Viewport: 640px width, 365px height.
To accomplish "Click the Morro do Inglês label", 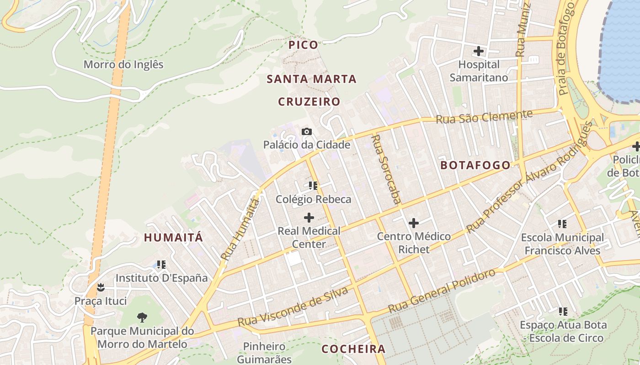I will tap(123, 64).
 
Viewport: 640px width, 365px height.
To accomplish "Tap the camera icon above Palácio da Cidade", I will tap(307, 132).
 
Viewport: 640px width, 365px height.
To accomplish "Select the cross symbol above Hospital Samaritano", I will tap(479, 51).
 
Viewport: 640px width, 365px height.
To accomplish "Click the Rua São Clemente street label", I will tap(484, 117).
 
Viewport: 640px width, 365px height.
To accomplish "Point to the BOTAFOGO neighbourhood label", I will tap(475, 165).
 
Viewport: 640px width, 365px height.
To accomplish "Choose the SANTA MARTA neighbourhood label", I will tap(311, 79).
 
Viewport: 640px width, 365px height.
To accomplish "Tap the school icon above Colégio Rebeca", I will tap(313, 186).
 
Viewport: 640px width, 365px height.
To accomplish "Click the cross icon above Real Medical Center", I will tap(309, 217).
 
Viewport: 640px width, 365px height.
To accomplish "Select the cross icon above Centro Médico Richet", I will tap(414, 223).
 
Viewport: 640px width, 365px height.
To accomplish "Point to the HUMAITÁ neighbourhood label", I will tap(173, 238).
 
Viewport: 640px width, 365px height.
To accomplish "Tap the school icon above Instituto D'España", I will tap(161, 265).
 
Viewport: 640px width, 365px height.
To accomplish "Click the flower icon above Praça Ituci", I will tap(101, 287).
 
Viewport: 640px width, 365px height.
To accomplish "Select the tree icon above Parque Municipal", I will tap(142, 317).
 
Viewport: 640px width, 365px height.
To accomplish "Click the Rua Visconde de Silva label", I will tap(293, 307).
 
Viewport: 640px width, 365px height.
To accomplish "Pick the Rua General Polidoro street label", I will tap(442, 291).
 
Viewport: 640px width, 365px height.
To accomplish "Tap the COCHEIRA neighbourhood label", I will tap(353, 349).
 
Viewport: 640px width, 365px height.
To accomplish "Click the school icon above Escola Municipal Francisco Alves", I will tap(562, 224).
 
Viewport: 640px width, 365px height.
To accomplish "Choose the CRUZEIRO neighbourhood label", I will tap(309, 102).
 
